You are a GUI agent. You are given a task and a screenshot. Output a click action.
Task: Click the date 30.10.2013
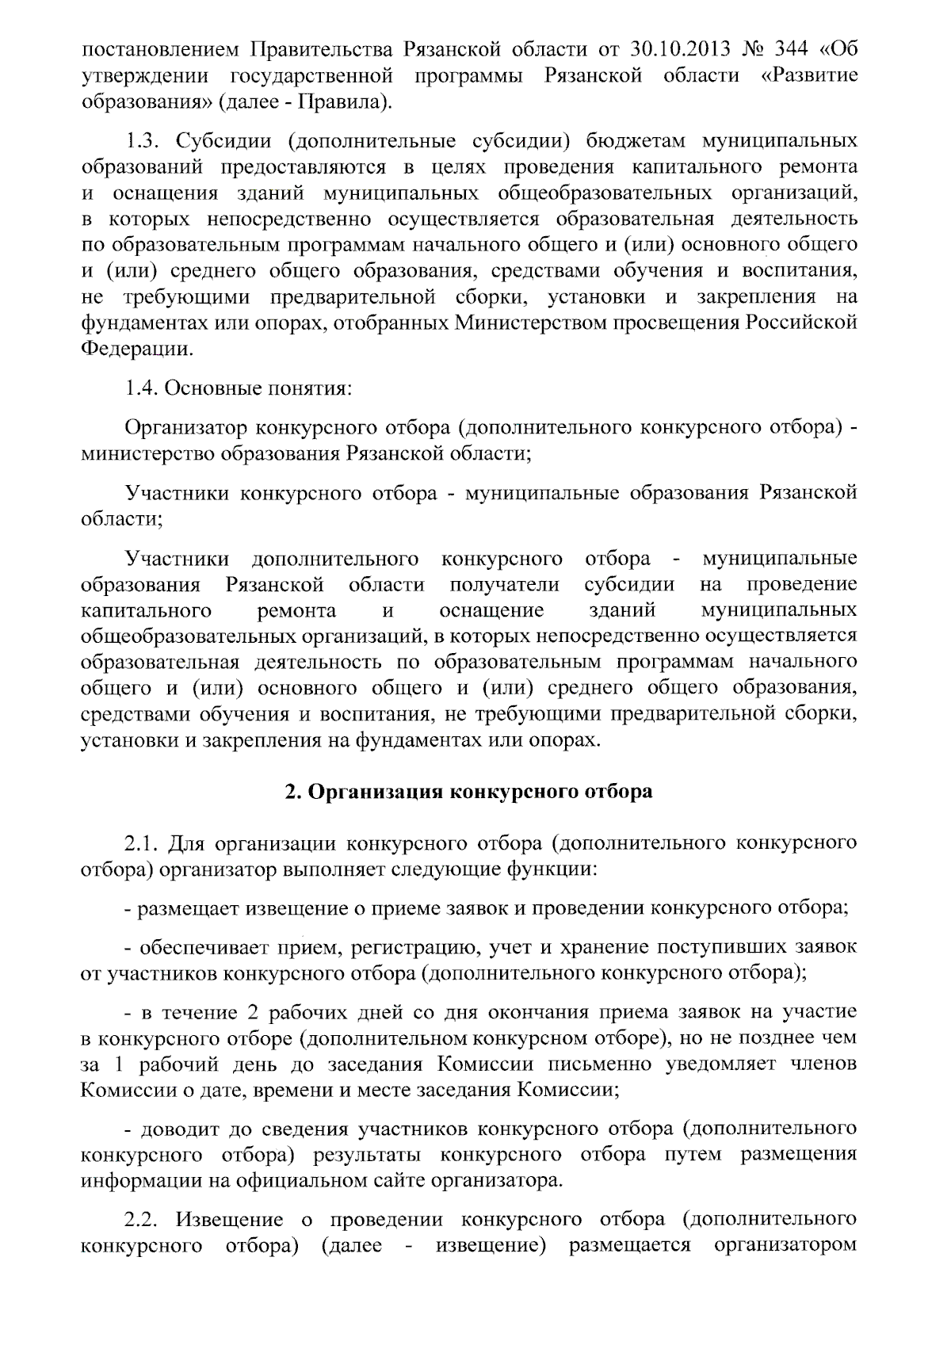point(687,49)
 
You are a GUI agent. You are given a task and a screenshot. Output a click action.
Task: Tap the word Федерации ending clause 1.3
point(136,350)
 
